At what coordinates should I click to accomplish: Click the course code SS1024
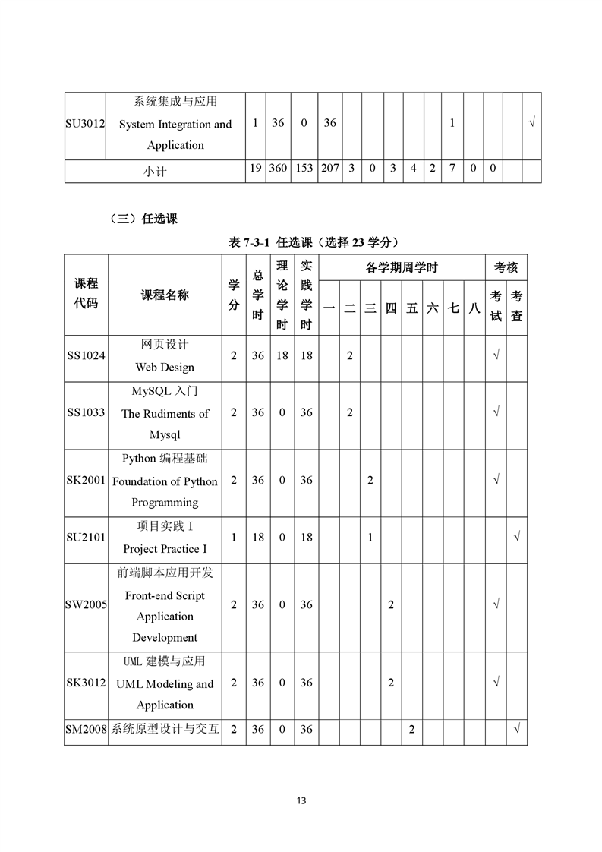pos(86,355)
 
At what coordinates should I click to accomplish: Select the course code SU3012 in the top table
pos(85,124)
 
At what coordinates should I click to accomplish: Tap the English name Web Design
pos(165,367)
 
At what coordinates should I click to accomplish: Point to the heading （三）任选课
pos(143,219)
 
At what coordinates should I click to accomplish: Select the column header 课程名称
pos(165,295)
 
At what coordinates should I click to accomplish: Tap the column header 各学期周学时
pos(402,267)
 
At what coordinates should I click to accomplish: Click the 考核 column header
pos(506,267)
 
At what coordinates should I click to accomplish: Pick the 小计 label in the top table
pos(155,172)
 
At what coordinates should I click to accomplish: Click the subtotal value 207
pos(329,168)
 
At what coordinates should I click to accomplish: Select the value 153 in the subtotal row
pos(304,168)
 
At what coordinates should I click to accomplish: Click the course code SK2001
pos(86,481)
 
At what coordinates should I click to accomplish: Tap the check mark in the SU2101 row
pos(516,537)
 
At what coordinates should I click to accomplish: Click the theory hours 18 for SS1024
pos(282,355)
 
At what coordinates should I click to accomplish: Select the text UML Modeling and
pos(165,683)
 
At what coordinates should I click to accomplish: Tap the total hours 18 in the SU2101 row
pos(258,537)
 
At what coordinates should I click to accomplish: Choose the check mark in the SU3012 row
pos(531,124)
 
